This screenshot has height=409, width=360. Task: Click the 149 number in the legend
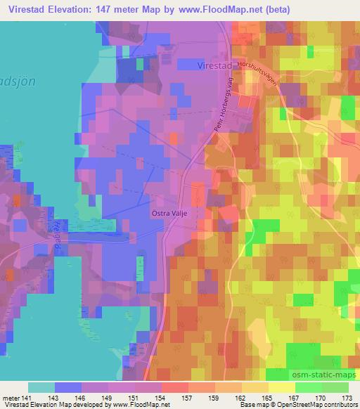[108, 397]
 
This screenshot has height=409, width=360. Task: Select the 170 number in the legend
[321, 397]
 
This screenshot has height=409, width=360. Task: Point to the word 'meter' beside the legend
[11, 397]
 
